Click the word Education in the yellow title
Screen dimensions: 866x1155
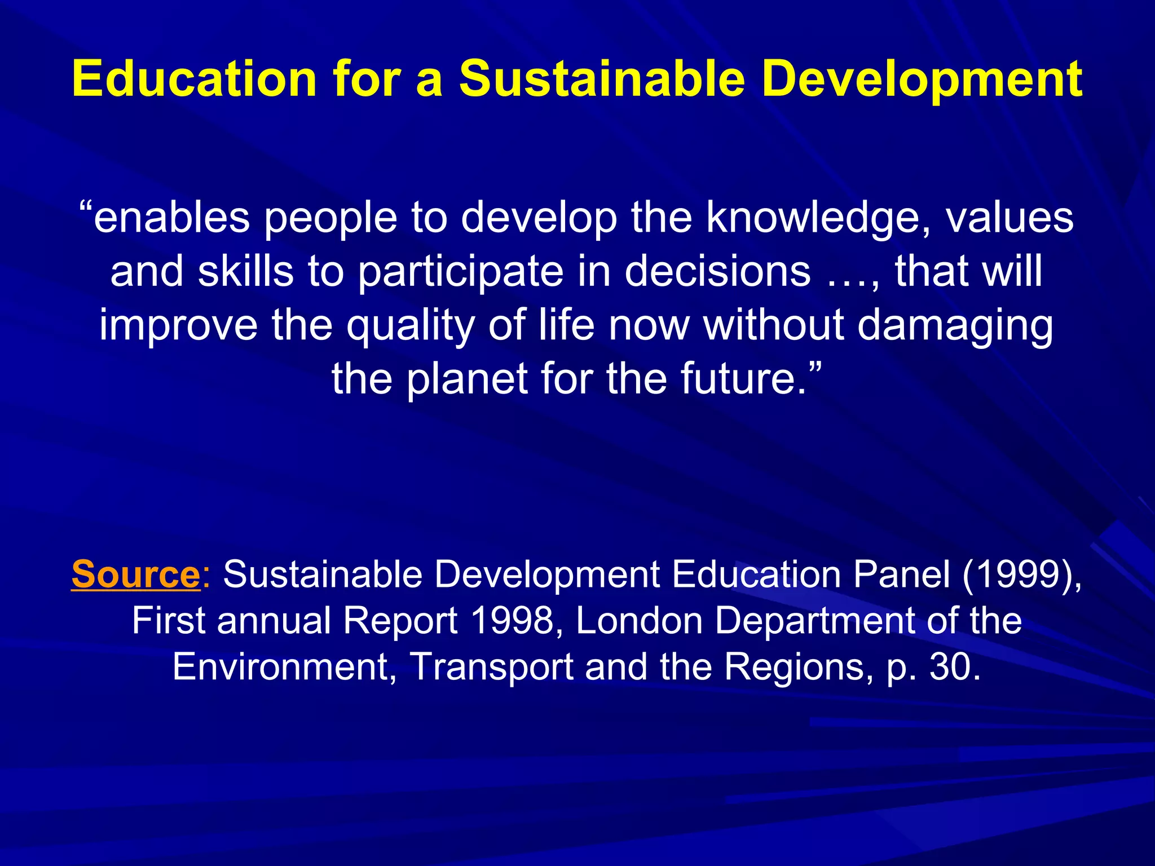pyautogui.click(x=195, y=79)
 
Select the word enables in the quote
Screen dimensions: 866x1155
pyautogui.click(x=171, y=218)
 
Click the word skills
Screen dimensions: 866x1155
pyautogui.click(x=246, y=271)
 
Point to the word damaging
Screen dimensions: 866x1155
pyautogui.click(x=955, y=326)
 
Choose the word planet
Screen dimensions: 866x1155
pyautogui.click(x=468, y=379)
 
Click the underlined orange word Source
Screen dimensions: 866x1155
pyautogui.click(x=135, y=575)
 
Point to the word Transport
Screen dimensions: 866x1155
pyautogui.click(x=491, y=667)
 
